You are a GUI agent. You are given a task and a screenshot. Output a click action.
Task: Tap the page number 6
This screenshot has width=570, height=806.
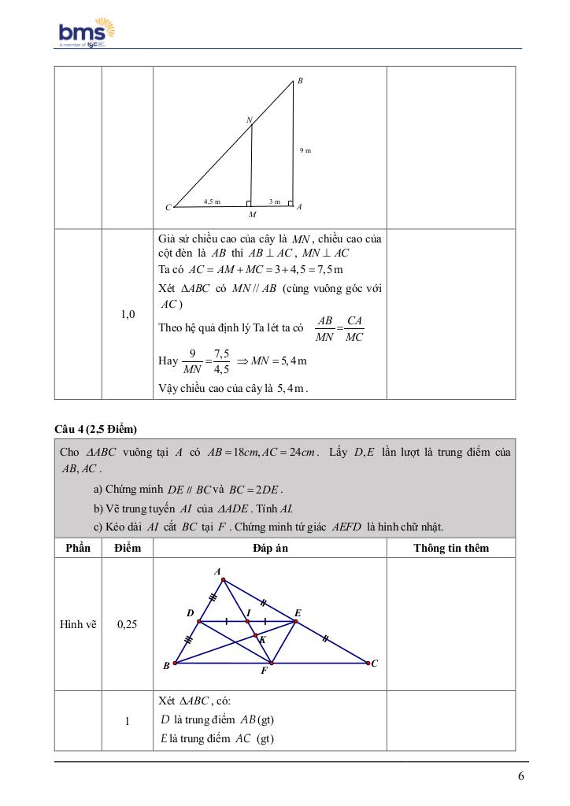pyautogui.click(x=521, y=776)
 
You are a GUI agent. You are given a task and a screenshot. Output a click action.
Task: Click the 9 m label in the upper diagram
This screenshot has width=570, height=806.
pyautogui.click(x=305, y=150)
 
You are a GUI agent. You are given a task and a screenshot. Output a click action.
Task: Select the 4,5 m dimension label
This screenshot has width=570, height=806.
pyautogui.click(x=212, y=202)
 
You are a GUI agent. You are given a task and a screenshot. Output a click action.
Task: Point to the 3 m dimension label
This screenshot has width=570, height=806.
pyautogui.click(x=274, y=202)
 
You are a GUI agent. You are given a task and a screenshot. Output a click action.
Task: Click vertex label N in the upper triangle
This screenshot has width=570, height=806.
pyautogui.click(x=249, y=120)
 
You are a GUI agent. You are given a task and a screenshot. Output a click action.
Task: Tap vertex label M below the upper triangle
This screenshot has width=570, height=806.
pyautogui.click(x=252, y=214)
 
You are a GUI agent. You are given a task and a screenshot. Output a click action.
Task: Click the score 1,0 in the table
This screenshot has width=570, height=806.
pyautogui.click(x=128, y=314)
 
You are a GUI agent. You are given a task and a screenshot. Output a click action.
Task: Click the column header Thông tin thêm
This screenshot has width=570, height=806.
pyautogui.click(x=451, y=548)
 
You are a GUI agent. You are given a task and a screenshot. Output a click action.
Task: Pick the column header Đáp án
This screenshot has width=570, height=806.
pyautogui.click(x=269, y=548)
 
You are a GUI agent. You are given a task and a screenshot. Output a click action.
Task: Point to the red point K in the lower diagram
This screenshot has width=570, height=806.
pyautogui.click(x=256, y=635)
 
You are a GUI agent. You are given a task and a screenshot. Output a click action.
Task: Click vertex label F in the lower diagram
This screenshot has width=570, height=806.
pyautogui.click(x=264, y=671)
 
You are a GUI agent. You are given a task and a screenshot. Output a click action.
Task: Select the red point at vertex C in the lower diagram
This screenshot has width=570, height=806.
pyautogui.click(x=367, y=663)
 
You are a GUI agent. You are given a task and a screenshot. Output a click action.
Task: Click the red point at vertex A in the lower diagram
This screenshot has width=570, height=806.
pyautogui.click(x=224, y=581)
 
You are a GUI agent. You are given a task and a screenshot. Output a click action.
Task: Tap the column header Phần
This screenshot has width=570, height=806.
pyautogui.click(x=78, y=548)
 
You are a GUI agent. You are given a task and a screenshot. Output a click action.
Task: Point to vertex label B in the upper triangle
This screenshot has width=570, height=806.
pyautogui.click(x=301, y=81)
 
